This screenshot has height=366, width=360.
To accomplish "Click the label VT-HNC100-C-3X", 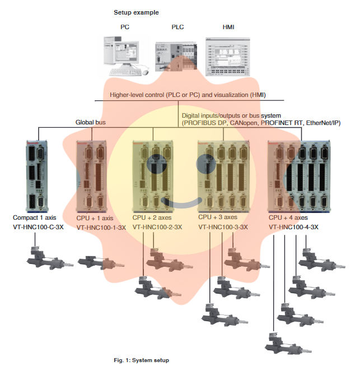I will click(x=38, y=226).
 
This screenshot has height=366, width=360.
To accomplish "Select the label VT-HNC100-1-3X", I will click(x=101, y=227).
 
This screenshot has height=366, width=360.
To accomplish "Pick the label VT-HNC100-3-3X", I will click(x=223, y=227).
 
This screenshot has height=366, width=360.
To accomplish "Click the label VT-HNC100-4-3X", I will click(x=293, y=227).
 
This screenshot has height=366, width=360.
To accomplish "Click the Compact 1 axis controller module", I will click(x=38, y=174).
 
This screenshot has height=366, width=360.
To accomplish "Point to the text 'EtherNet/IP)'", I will click(x=323, y=123).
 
